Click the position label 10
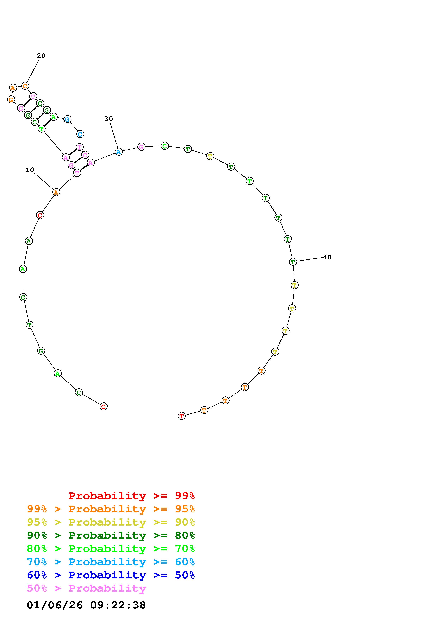(x=30, y=170)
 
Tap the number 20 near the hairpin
(x=41, y=56)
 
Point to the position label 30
(x=109, y=119)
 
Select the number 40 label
(x=327, y=257)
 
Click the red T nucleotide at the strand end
(x=182, y=416)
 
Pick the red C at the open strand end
(x=103, y=406)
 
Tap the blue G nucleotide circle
(x=67, y=119)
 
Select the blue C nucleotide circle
(x=80, y=134)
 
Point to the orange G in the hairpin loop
(x=11, y=100)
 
